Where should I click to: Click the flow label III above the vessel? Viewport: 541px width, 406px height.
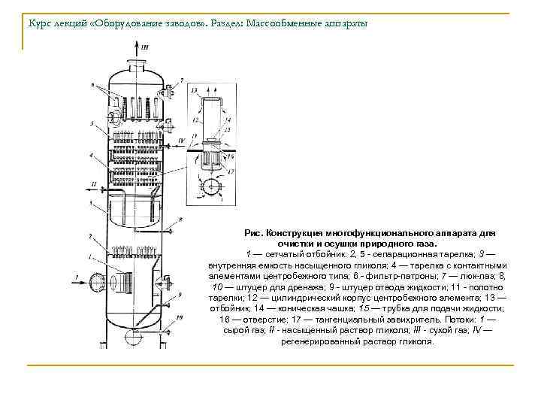tap(145, 47)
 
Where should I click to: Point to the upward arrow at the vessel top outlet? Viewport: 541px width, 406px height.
tap(137, 50)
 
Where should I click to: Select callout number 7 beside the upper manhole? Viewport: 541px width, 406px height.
tap(181, 78)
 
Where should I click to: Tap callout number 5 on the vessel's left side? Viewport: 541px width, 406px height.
tap(90, 123)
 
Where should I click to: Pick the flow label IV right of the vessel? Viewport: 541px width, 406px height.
tap(183, 140)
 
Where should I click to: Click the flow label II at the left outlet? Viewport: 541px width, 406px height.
tap(93, 183)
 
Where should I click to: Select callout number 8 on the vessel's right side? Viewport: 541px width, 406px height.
tap(181, 220)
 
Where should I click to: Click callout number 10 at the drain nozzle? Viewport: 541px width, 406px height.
tap(180, 318)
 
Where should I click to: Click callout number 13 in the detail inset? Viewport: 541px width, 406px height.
tap(195, 90)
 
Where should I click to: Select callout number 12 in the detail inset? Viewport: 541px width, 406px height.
tap(195, 120)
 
